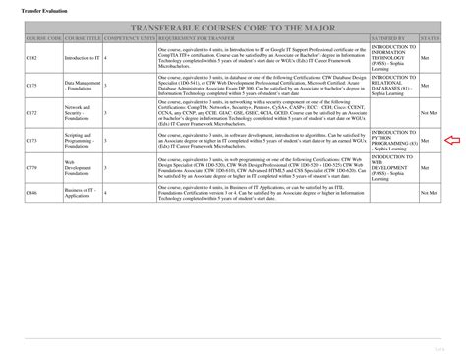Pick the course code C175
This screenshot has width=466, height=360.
(31, 86)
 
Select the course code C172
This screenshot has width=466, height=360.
(31, 113)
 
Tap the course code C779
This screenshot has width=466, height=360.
(31, 169)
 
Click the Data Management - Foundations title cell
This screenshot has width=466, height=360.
(81, 86)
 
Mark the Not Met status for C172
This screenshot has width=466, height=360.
(428, 113)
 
